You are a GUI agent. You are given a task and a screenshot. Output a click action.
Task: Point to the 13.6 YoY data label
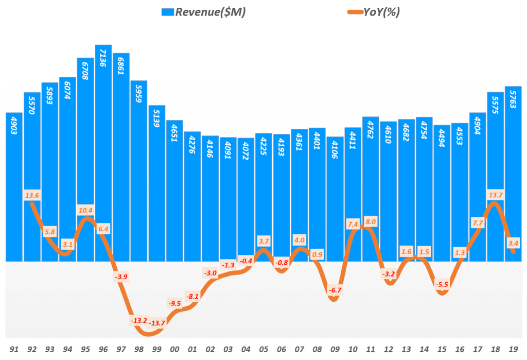(31, 196)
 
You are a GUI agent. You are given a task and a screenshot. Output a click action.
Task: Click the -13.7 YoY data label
(157, 323)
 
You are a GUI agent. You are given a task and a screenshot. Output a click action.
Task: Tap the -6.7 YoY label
(335, 290)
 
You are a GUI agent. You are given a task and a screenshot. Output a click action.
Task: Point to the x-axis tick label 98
(139, 350)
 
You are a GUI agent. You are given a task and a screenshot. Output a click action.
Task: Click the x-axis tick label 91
(14, 350)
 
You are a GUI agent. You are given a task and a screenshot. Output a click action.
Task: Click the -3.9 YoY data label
(121, 277)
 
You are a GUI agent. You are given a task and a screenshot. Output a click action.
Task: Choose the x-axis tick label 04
(246, 350)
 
